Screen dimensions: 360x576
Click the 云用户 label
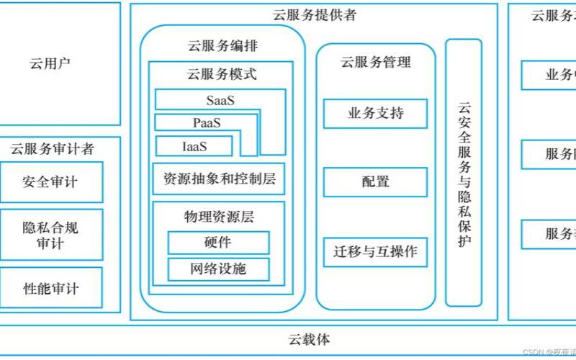50,64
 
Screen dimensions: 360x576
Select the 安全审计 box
50,181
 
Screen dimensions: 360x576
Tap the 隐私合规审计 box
50,235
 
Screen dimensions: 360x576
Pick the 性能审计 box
50,289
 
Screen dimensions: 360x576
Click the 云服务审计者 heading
52,149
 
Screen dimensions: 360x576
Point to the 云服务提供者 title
315,14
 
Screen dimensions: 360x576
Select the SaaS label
220,100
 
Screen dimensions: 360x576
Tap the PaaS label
207,123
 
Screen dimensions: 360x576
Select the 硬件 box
218,243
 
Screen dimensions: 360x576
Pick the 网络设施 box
218,269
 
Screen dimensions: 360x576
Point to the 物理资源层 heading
219,216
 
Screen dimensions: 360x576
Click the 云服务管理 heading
375,62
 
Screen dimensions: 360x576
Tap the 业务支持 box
375,113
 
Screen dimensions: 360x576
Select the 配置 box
375,181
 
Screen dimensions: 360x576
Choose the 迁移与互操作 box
375,252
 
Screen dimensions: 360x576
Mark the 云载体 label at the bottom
310,339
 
